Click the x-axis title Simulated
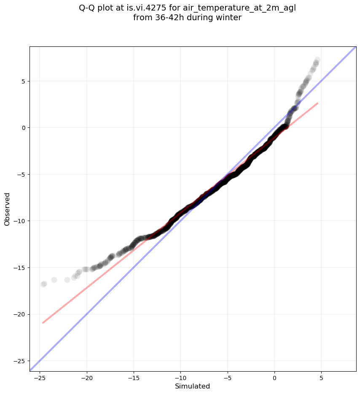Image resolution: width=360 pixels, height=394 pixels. coord(192,386)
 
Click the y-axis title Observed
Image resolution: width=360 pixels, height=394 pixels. coord(7,209)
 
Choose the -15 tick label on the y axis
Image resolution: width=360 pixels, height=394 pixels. coord(20,268)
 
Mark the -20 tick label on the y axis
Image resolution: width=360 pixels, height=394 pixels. coord(20,314)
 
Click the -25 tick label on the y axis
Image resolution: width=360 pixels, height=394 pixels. coord(20,361)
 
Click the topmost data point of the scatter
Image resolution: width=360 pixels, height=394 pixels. coord(317,60)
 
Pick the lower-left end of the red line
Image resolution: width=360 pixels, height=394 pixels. coord(43,323)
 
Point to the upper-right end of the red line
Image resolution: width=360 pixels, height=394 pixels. coord(317,103)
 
